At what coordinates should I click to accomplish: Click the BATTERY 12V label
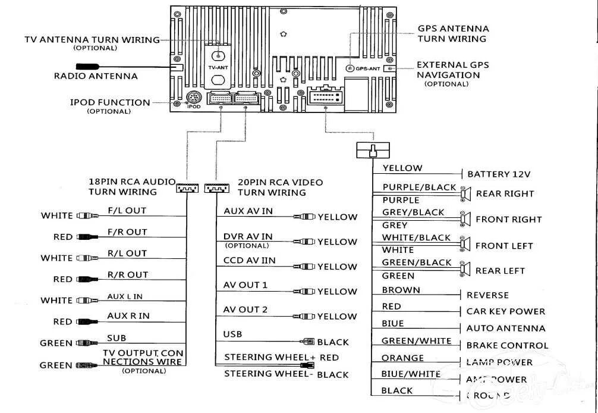[499, 174]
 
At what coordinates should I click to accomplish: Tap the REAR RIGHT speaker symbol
[464, 193]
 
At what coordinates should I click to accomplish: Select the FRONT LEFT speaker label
[504, 245]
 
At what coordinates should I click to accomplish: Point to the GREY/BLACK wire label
[413, 212]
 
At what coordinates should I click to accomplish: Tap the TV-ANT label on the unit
[218, 68]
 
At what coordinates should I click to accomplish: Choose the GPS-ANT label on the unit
[367, 68]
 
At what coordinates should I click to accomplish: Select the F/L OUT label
[127, 211]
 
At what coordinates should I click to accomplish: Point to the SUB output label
[117, 338]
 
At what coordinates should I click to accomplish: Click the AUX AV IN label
[248, 211]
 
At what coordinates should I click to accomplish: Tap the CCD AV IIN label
[250, 260]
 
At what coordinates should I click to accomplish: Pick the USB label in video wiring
[232, 334]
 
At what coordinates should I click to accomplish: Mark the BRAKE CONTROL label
[507, 345]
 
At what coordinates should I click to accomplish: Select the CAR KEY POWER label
[505, 311]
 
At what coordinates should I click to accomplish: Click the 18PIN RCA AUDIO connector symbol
[187, 189]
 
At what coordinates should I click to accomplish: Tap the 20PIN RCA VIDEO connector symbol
[216, 189]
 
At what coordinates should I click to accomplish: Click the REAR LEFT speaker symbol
[464, 271]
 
